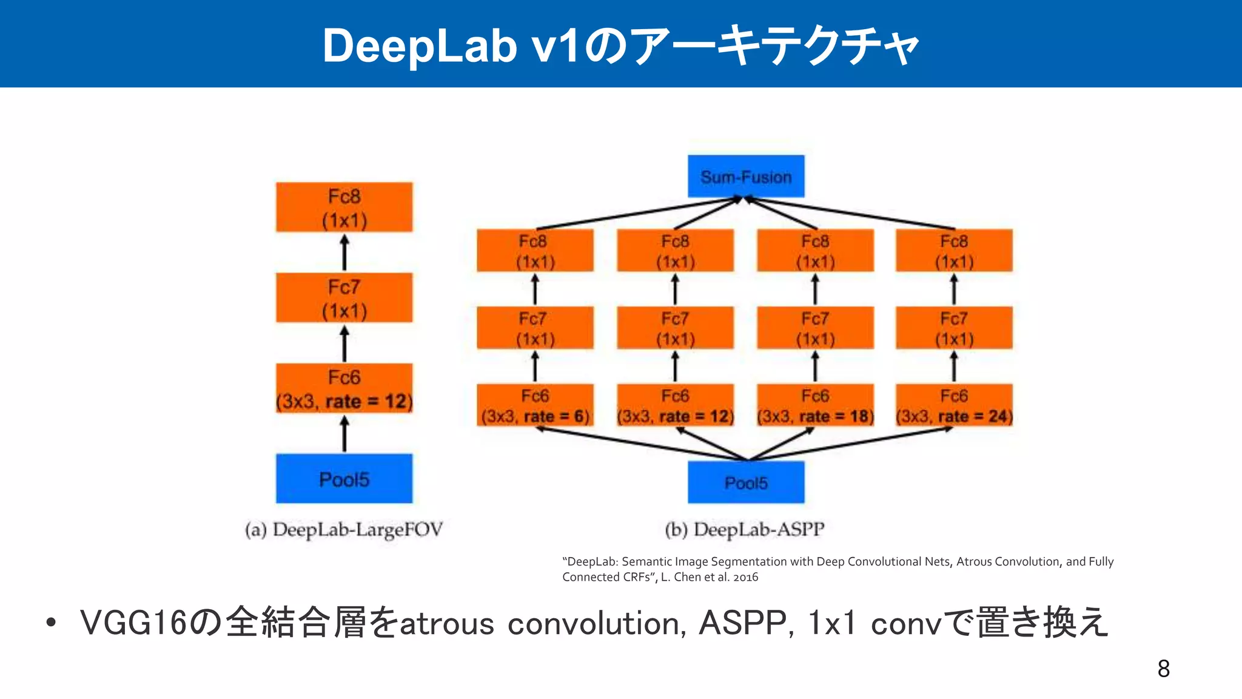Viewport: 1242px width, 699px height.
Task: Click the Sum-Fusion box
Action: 746,176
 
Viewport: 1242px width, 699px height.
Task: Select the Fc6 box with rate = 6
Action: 535,405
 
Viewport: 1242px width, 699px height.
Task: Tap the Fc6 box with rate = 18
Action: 815,405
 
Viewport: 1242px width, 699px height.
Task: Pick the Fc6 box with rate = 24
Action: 954,405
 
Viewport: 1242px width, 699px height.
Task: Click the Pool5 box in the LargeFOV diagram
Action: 344,479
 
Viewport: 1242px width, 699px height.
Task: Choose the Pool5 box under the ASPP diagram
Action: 746,482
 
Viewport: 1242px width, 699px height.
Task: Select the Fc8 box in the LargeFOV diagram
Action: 344,207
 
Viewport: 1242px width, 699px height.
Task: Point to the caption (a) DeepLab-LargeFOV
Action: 344,530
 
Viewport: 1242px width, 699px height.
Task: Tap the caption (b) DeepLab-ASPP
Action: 745,530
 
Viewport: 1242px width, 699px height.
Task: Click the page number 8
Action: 1163,669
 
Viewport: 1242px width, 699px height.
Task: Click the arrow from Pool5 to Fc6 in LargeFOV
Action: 344,434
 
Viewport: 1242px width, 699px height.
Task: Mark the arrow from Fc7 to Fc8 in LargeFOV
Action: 344,252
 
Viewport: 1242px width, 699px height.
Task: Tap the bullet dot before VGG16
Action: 51,623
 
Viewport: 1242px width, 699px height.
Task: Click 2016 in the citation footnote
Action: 745,577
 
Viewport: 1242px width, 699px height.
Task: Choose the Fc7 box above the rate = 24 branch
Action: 954,328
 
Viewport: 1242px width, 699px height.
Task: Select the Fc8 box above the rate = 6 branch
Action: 535,251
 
